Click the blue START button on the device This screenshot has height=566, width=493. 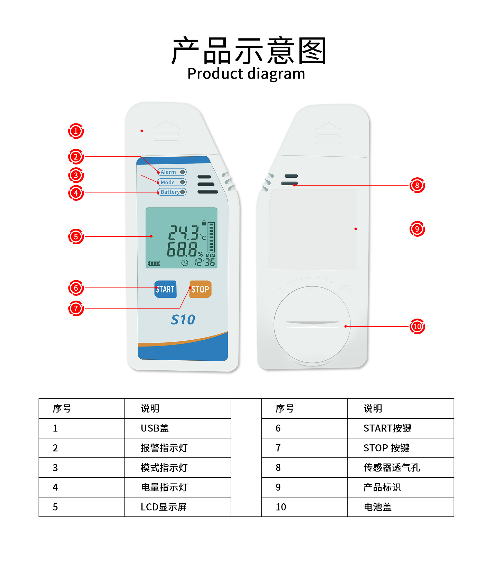(x=165, y=289)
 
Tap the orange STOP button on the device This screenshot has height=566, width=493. (x=200, y=289)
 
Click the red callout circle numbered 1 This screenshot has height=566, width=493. (x=76, y=131)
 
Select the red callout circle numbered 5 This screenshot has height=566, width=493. (x=76, y=236)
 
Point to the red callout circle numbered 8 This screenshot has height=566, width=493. (x=417, y=185)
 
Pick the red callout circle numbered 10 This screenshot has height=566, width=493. (x=417, y=327)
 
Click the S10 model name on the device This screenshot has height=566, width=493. (x=183, y=320)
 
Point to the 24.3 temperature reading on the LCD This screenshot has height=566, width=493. (x=184, y=233)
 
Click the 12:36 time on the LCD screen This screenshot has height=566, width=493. (x=205, y=262)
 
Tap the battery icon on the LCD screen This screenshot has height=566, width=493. (x=154, y=263)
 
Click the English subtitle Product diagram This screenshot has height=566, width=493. (x=246, y=74)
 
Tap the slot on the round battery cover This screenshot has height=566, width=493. (x=312, y=323)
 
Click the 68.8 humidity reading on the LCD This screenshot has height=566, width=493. (x=182, y=249)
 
